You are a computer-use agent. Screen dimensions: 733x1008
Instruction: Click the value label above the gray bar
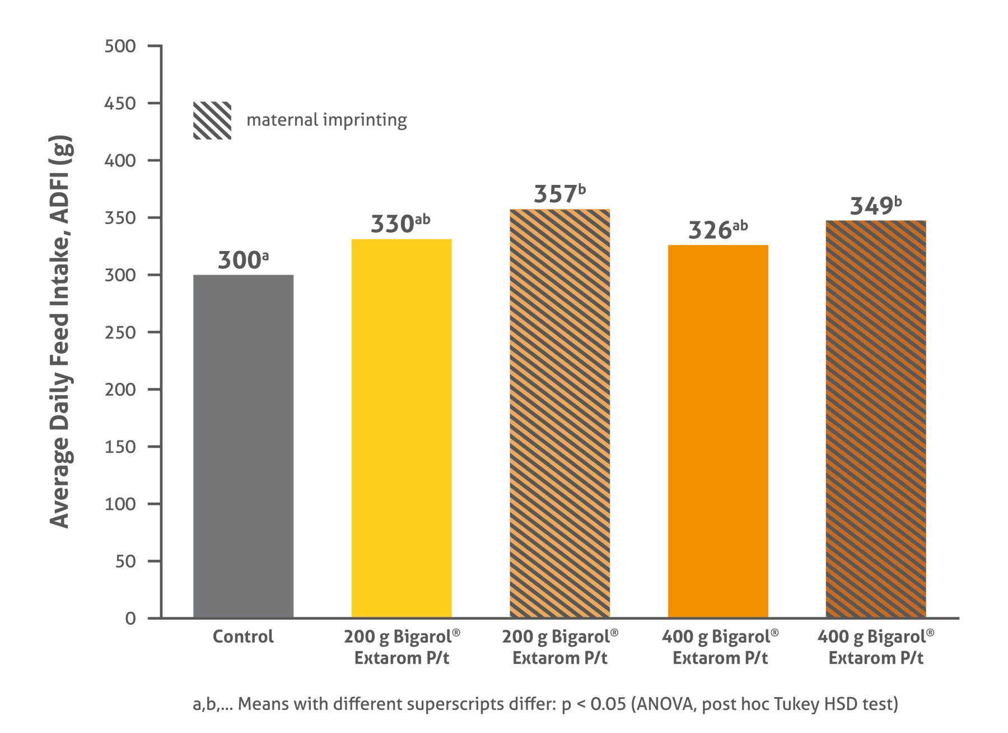tap(244, 259)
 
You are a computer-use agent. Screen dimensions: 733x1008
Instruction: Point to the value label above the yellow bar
tap(401, 224)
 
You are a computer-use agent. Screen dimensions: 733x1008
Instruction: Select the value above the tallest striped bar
tap(559, 192)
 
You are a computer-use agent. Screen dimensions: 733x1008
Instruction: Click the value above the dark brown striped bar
tap(875, 205)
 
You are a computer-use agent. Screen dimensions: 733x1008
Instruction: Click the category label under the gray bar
tap(244, 638)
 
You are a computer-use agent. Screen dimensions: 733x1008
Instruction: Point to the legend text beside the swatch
tap(326, 121)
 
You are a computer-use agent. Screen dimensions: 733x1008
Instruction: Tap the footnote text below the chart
tap(546, 706)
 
